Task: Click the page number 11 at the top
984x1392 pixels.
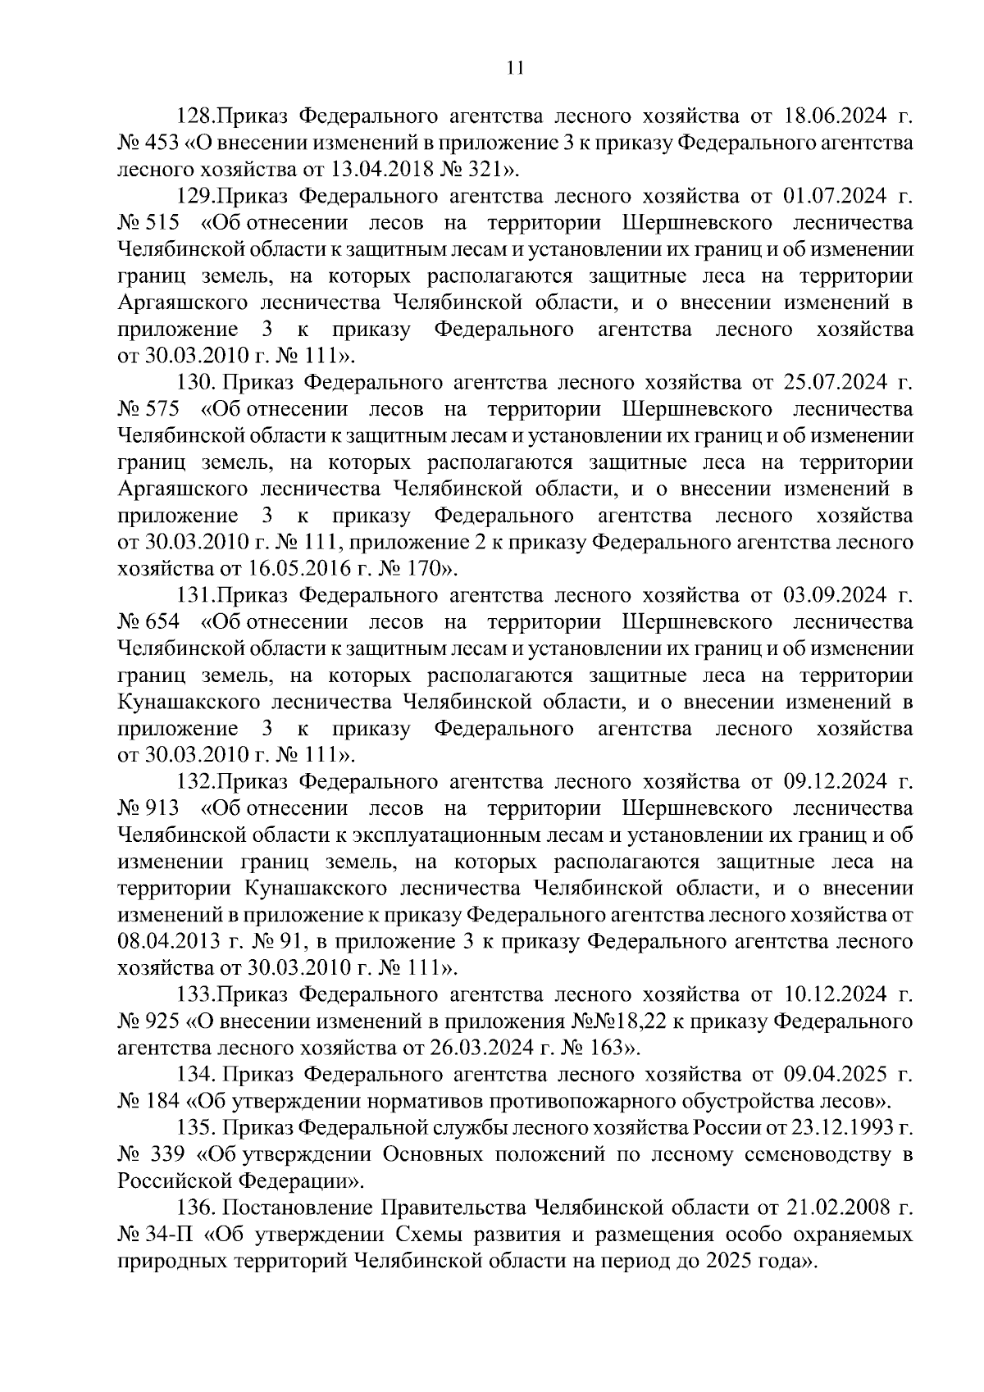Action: tap(515, 69)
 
